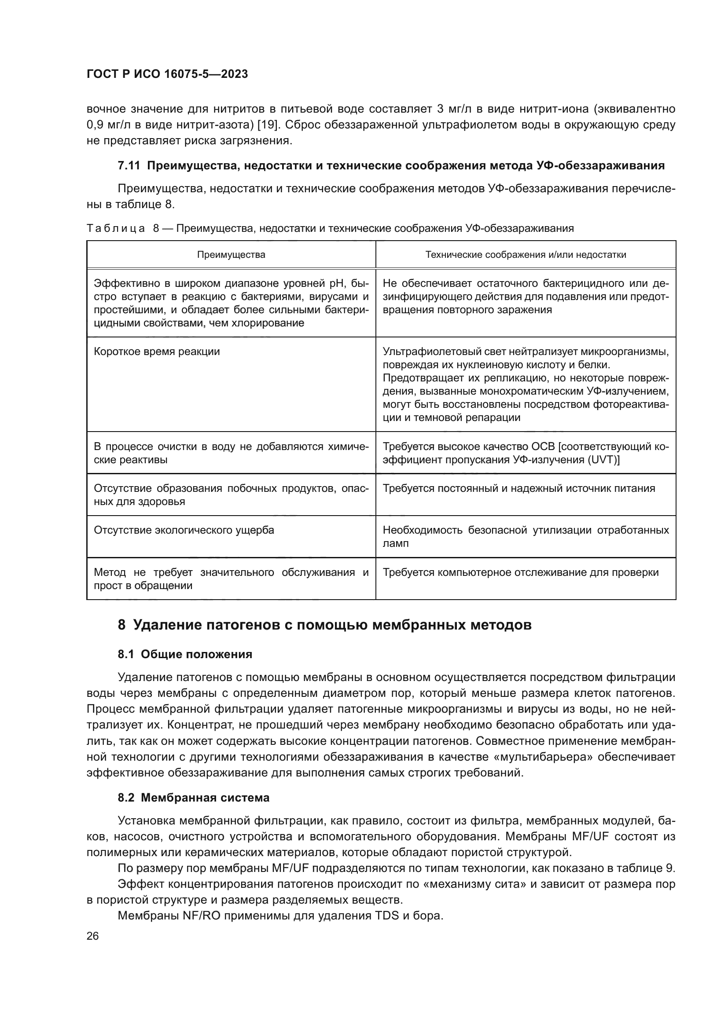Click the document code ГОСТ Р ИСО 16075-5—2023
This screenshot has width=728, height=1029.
click(x=167, y=74)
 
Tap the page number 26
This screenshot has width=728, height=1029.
click(x=92, y=936)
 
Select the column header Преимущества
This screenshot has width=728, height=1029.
click(x=231, y=255)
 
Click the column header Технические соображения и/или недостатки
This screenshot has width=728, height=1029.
click(x=526, y=255)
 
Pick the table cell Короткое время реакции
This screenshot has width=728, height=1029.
click(x=157, y=352)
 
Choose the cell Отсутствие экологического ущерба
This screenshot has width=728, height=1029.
click(x=184, y=530)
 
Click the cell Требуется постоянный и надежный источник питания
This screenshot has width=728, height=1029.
click(x=518, y=488)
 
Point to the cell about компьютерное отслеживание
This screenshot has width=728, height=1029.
click(x=520, y=572)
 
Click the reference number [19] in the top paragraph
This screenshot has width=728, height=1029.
click(x=269, y=125)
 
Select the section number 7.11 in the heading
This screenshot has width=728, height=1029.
click(x=129, y=166)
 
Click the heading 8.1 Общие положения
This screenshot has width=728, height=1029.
click(x=185, y=654)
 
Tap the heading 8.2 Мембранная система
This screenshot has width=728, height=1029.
click(x=193, y=798)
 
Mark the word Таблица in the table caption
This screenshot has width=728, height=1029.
click(x=116, y=229)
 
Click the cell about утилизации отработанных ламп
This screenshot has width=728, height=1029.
click(x=526, y=536)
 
